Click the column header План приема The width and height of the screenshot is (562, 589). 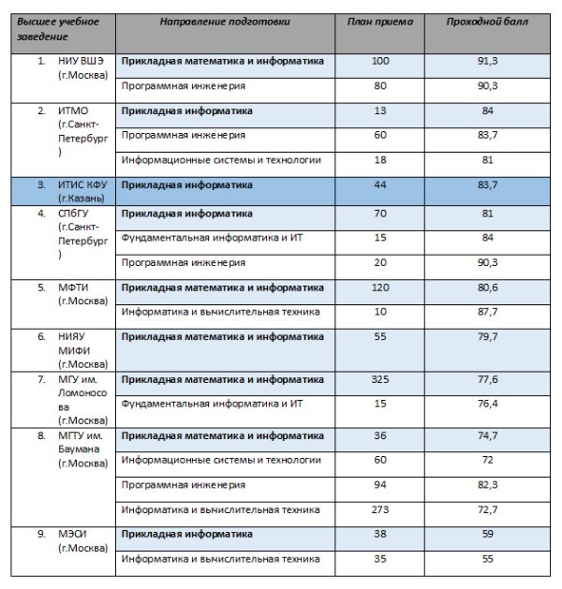(379, 20)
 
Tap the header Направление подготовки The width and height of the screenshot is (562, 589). (225, 20)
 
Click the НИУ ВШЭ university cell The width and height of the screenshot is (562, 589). (83, 67)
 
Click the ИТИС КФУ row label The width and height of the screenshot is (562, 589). (83, 192)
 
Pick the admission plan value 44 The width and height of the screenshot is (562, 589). (379, 185)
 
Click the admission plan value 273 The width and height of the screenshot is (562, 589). (379, 508)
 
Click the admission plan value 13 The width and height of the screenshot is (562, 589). (379, 110)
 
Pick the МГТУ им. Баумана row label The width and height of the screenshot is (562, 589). (83, 449)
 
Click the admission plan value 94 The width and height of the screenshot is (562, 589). (379, 484)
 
